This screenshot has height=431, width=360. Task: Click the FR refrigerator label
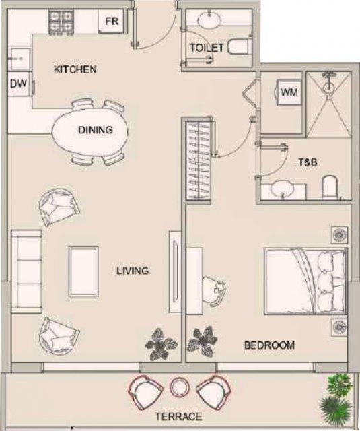click(112, 21)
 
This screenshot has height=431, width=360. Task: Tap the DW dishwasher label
click(18, 84)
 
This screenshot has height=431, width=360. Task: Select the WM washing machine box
click(289, 92)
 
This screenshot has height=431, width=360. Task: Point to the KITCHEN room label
click(75, 69)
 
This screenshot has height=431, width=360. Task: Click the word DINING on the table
click(96, 130)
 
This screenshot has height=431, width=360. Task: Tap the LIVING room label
click(133, 271)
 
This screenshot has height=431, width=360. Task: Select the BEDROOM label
click(269, 345)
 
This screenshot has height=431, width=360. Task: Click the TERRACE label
click(179, 416)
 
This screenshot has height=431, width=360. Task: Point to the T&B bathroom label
click(308, 162)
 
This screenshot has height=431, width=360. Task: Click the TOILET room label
click(207, 48)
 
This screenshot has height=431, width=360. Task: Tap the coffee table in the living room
click(83, 271)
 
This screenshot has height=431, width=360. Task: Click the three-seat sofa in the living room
click(26, 271)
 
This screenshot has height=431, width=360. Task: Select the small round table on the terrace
click(180, 387)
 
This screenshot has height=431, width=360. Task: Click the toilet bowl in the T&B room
click(330, 187)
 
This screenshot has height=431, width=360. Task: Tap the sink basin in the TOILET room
click(209, 20)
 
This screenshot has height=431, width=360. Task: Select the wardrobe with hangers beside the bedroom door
click(199, 160)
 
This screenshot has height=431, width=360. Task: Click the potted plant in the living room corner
click(161, 345)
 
